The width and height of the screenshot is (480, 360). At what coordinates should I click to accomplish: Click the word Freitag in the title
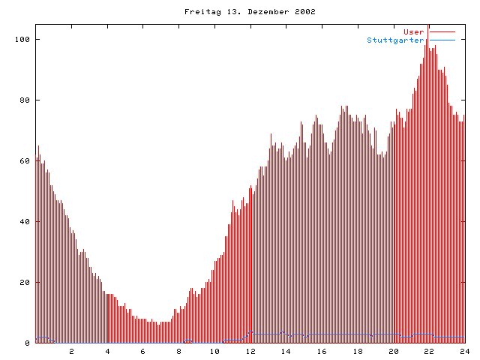point(199,12)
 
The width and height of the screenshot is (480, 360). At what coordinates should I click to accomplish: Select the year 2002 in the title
point(304,12)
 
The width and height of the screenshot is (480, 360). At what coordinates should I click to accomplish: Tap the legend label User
point(413,31)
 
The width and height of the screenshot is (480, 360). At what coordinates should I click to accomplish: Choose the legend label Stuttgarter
point(395,40)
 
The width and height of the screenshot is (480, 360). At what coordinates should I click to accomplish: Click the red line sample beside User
point(442,31)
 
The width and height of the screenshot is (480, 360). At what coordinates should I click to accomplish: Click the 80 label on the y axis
point(22,100)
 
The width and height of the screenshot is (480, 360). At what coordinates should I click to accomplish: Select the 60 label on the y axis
point(22,160)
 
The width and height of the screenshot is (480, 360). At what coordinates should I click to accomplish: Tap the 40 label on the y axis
point(22,221)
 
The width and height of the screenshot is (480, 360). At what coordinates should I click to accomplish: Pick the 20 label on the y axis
point(22,282)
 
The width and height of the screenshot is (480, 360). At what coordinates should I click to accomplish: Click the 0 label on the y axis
point(27,343)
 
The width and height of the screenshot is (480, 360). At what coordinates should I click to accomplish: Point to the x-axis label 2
point(72,351)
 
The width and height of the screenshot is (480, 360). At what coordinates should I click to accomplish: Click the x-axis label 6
point(143,351)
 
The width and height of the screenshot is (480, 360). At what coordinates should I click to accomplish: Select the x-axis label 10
point(214,351)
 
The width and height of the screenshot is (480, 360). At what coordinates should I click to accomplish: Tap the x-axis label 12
point(250,351)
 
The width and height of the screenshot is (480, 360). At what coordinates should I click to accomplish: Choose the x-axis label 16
point(322,351)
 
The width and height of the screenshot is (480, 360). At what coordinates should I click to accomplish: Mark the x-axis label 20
point(393,351)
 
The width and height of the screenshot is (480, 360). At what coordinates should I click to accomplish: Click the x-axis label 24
point(464,351)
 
